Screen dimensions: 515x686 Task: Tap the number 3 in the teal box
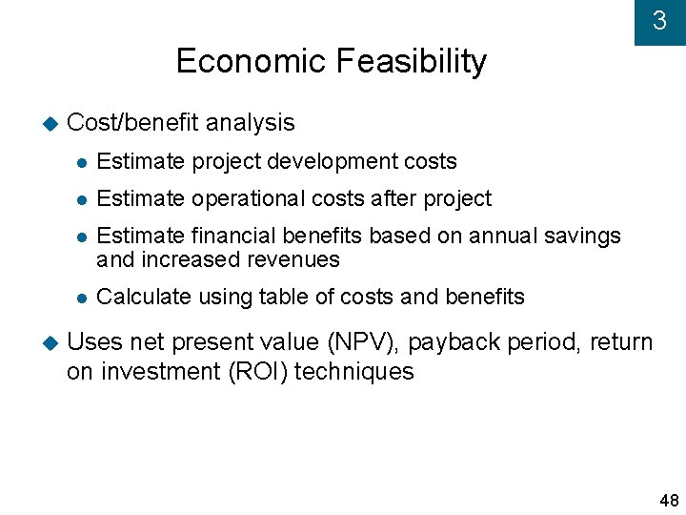click(659, 21)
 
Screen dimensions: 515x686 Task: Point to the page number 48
click(669, 501)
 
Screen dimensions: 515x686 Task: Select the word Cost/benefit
click(132, 123)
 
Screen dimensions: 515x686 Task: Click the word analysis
click(250, 123)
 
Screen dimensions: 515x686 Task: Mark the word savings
click(584, 236)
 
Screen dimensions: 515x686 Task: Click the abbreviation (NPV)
click(352, 342)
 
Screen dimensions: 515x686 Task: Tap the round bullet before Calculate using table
click(82, 299)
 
